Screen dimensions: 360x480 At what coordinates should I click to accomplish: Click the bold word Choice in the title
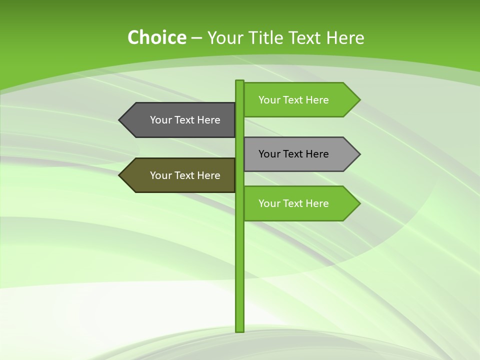pyautogui.click(x=156, y=38)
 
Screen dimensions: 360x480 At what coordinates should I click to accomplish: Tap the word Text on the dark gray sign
pyautogui.click(x=185, y=120)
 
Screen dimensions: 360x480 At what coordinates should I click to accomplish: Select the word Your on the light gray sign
pyautogui.click(x=269, y=154)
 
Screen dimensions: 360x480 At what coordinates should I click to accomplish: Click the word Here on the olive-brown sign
pyautogui.click(x=209, y=175)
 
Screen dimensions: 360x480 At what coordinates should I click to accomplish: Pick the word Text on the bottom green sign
pyautogui.click(x=294, y=203)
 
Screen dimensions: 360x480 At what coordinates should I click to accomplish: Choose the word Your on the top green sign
pyautogui.click(x=269, y=100)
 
